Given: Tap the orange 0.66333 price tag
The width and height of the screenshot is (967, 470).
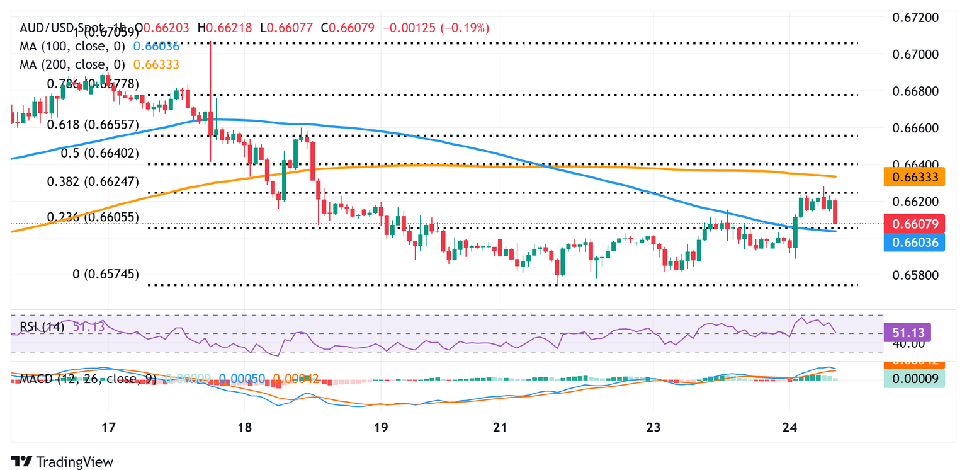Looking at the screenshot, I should pyautogui.click(x=914, y=178).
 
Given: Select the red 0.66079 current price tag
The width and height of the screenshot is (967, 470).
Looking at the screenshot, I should pyautogui.click(x=914, y=224).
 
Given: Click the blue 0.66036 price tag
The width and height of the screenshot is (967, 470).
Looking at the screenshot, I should pyautogui.click(x=914, y=242).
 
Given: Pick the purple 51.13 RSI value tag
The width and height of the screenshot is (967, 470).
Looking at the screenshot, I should pyautogui.click(x=907, y=332).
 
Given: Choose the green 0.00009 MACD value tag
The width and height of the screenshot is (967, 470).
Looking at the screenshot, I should pyautogui.click(x=914, y=379).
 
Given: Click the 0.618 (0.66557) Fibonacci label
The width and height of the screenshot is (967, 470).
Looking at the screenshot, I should pyautogui.click(x=93, y=125).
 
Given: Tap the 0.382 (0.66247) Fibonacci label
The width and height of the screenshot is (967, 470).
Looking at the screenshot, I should pyautogui.click(x=93, y=182).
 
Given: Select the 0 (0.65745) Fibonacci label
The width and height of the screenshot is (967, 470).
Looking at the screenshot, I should pyautogui.click(x=106, y=274).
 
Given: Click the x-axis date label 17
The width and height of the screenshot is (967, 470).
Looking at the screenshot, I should pyautogui.click(x=108, y=428).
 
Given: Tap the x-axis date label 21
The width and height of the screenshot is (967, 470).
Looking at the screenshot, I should pyautogui.click(x=499, y=428).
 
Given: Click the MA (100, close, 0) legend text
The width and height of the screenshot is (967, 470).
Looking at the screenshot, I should pyautogui.click(x=72, y=46).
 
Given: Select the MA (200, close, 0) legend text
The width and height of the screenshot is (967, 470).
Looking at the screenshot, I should pyautogui.click(x=72, y=64).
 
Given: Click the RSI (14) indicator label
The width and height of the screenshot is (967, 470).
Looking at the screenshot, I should pyautogui.click(x=42, y=326).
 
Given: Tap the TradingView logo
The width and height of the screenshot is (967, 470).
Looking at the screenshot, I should pyautogui.click(x=62, y=461).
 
